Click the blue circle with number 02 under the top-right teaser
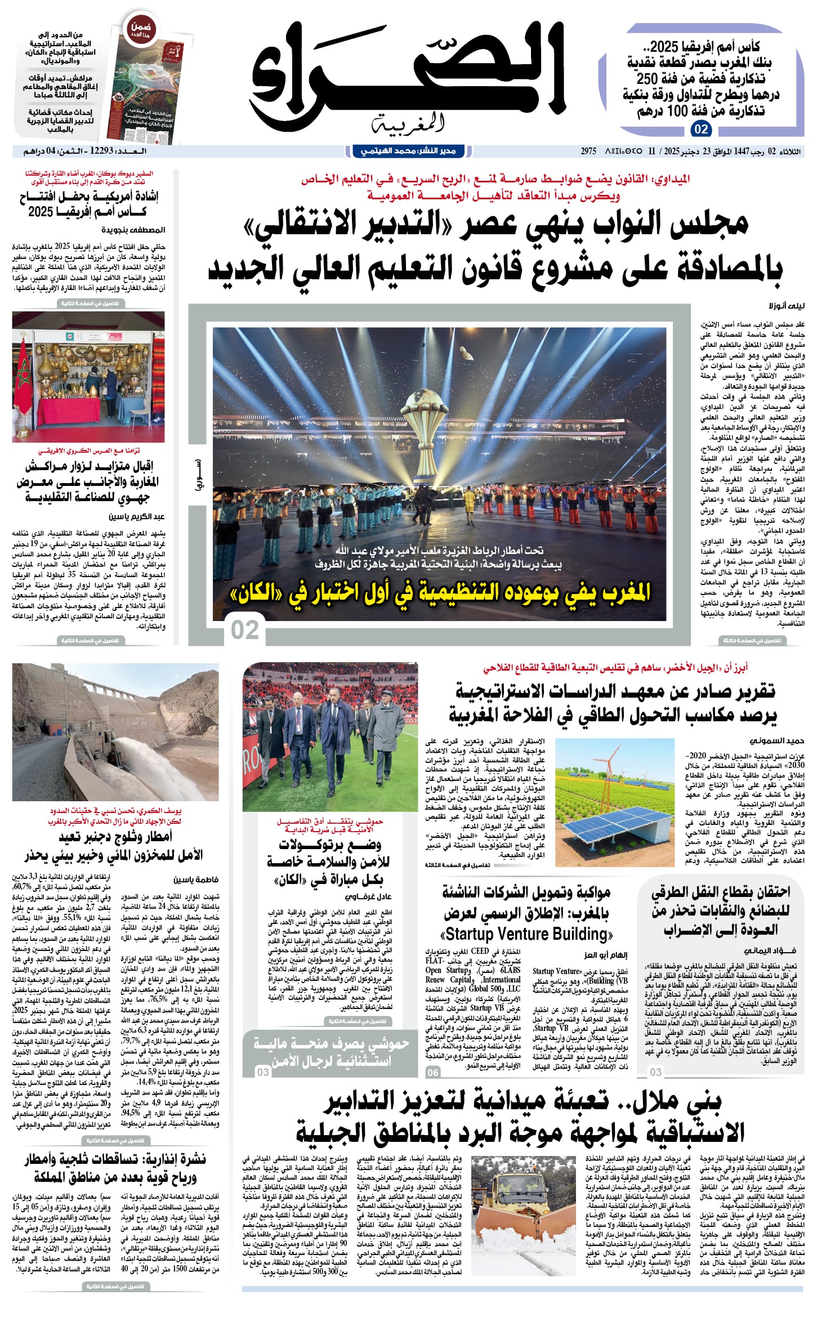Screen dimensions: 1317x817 pyautogui.click(x=701, y=130)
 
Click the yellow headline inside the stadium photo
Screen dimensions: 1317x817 pyautogui.click(x=440, y=593)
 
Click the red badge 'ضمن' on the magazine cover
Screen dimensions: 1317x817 pyautogui.click(x=141, y=28)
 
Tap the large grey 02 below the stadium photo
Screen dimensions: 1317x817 pyautogui.click(x=245, y=630)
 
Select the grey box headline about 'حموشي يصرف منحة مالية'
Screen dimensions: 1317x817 pyautogui.click(x=331, y=1052)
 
